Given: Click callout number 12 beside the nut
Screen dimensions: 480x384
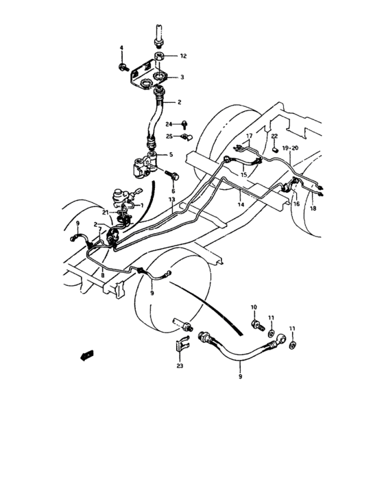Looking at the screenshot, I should [183, 56].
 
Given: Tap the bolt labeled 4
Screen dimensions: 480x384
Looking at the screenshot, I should [123, 67].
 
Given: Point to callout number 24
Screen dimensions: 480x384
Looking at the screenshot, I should [169, 124].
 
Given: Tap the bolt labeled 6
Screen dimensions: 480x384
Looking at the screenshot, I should [171, 177].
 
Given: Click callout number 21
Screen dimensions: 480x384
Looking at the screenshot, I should [104, 214].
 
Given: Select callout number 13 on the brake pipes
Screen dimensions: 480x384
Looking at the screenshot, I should [173, 200].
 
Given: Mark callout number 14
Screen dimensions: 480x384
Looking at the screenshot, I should [239, 204].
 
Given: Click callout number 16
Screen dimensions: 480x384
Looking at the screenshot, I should [296, 204].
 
